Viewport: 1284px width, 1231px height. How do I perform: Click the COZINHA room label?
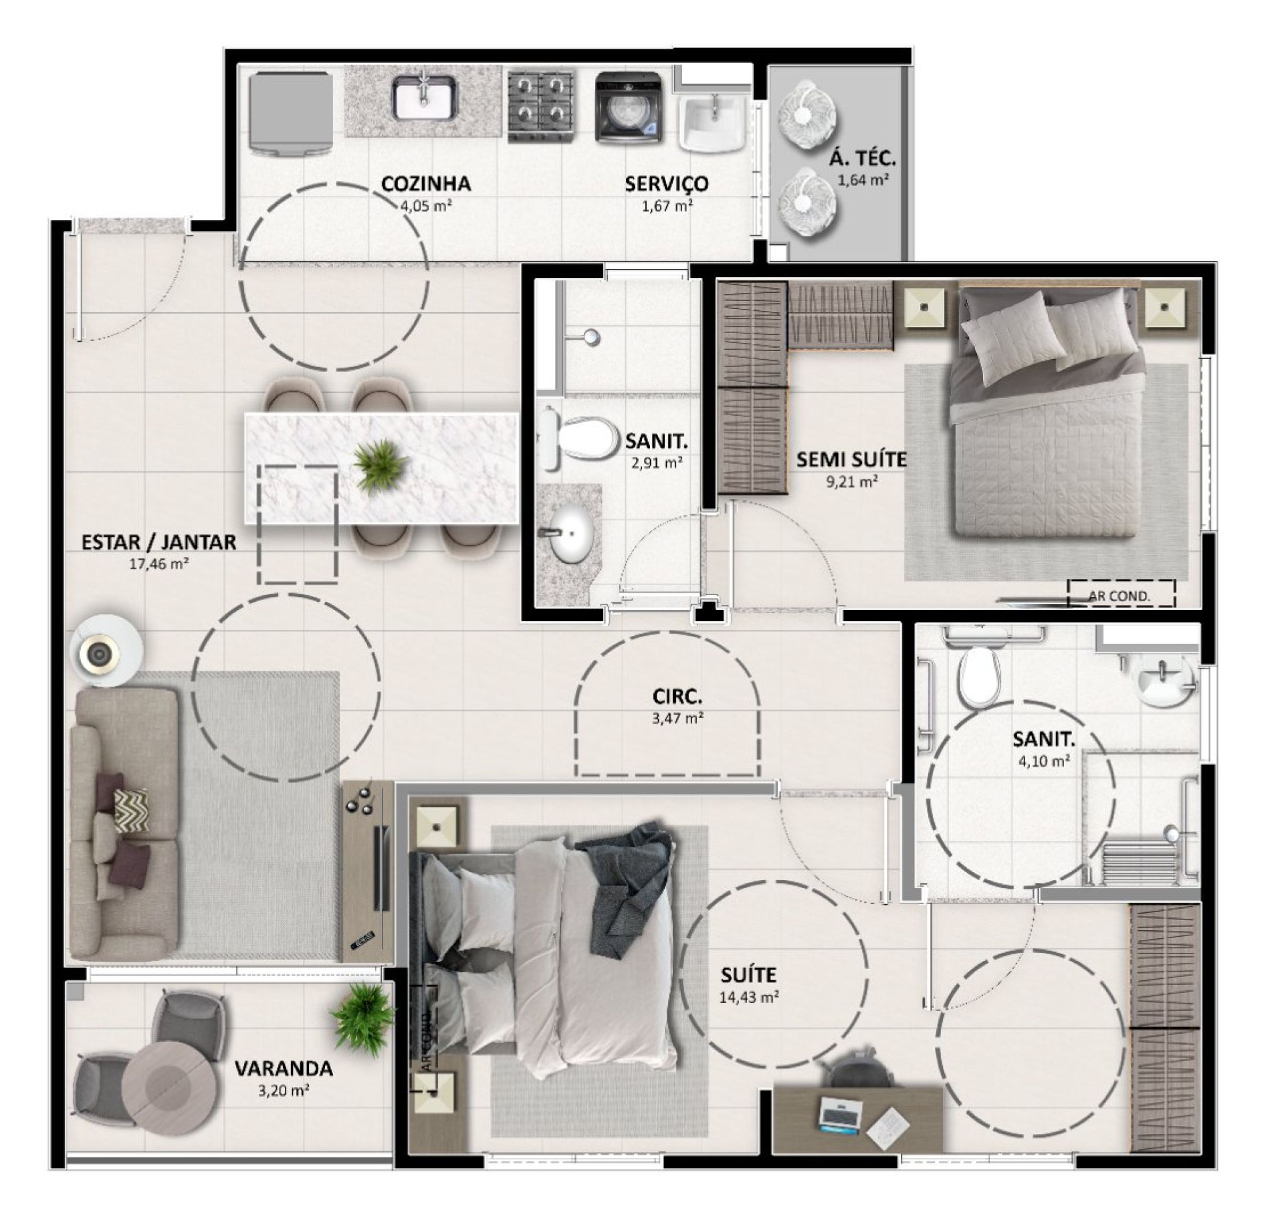[425, 183]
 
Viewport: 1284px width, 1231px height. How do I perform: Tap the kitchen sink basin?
[424, 98]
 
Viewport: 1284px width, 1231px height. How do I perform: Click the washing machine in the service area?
[630, 107]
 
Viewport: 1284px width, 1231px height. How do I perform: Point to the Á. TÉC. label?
[862, 158]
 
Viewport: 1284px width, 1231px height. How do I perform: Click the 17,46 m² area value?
[158, 563]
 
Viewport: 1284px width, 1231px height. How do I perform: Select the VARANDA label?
[284, 1068]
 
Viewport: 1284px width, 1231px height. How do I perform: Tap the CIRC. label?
[677, 698]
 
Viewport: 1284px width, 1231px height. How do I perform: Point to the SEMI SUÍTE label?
[851, 459]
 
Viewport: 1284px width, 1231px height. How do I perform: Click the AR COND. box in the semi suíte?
[1121, 593]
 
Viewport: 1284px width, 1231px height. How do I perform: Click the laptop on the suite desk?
[839, 1114]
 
